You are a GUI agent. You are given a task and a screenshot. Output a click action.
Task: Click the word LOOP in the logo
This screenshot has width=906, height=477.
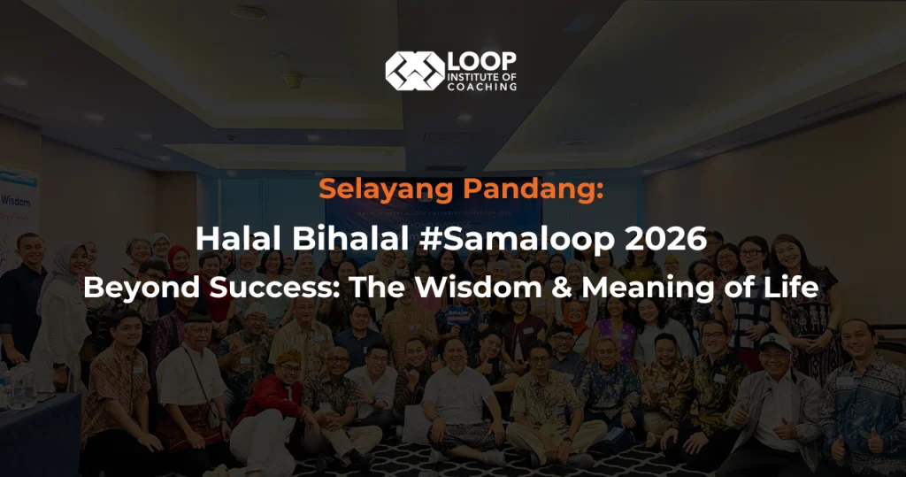[482, 62]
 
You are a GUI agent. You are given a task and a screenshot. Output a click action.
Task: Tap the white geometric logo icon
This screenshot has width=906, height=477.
[414, 71]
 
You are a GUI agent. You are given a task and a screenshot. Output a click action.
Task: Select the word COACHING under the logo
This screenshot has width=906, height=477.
[483, 87]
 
